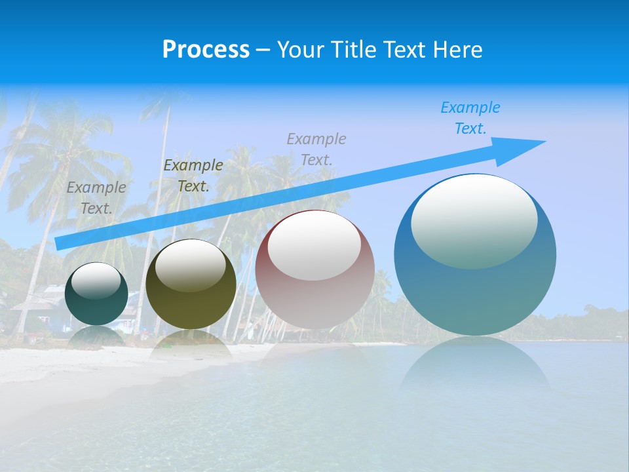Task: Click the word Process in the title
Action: tap(206, 50)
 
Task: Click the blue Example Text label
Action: tap(470, 118)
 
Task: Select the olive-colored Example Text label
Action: tap(193, 176)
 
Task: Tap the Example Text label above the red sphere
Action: tap(316, 149)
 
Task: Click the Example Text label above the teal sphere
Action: tap(96, 197)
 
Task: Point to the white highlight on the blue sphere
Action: tap(474, 220)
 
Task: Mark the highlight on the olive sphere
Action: tap(190, 265)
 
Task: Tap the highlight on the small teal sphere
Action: tap(96, 281)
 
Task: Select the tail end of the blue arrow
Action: tap(61, 243)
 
